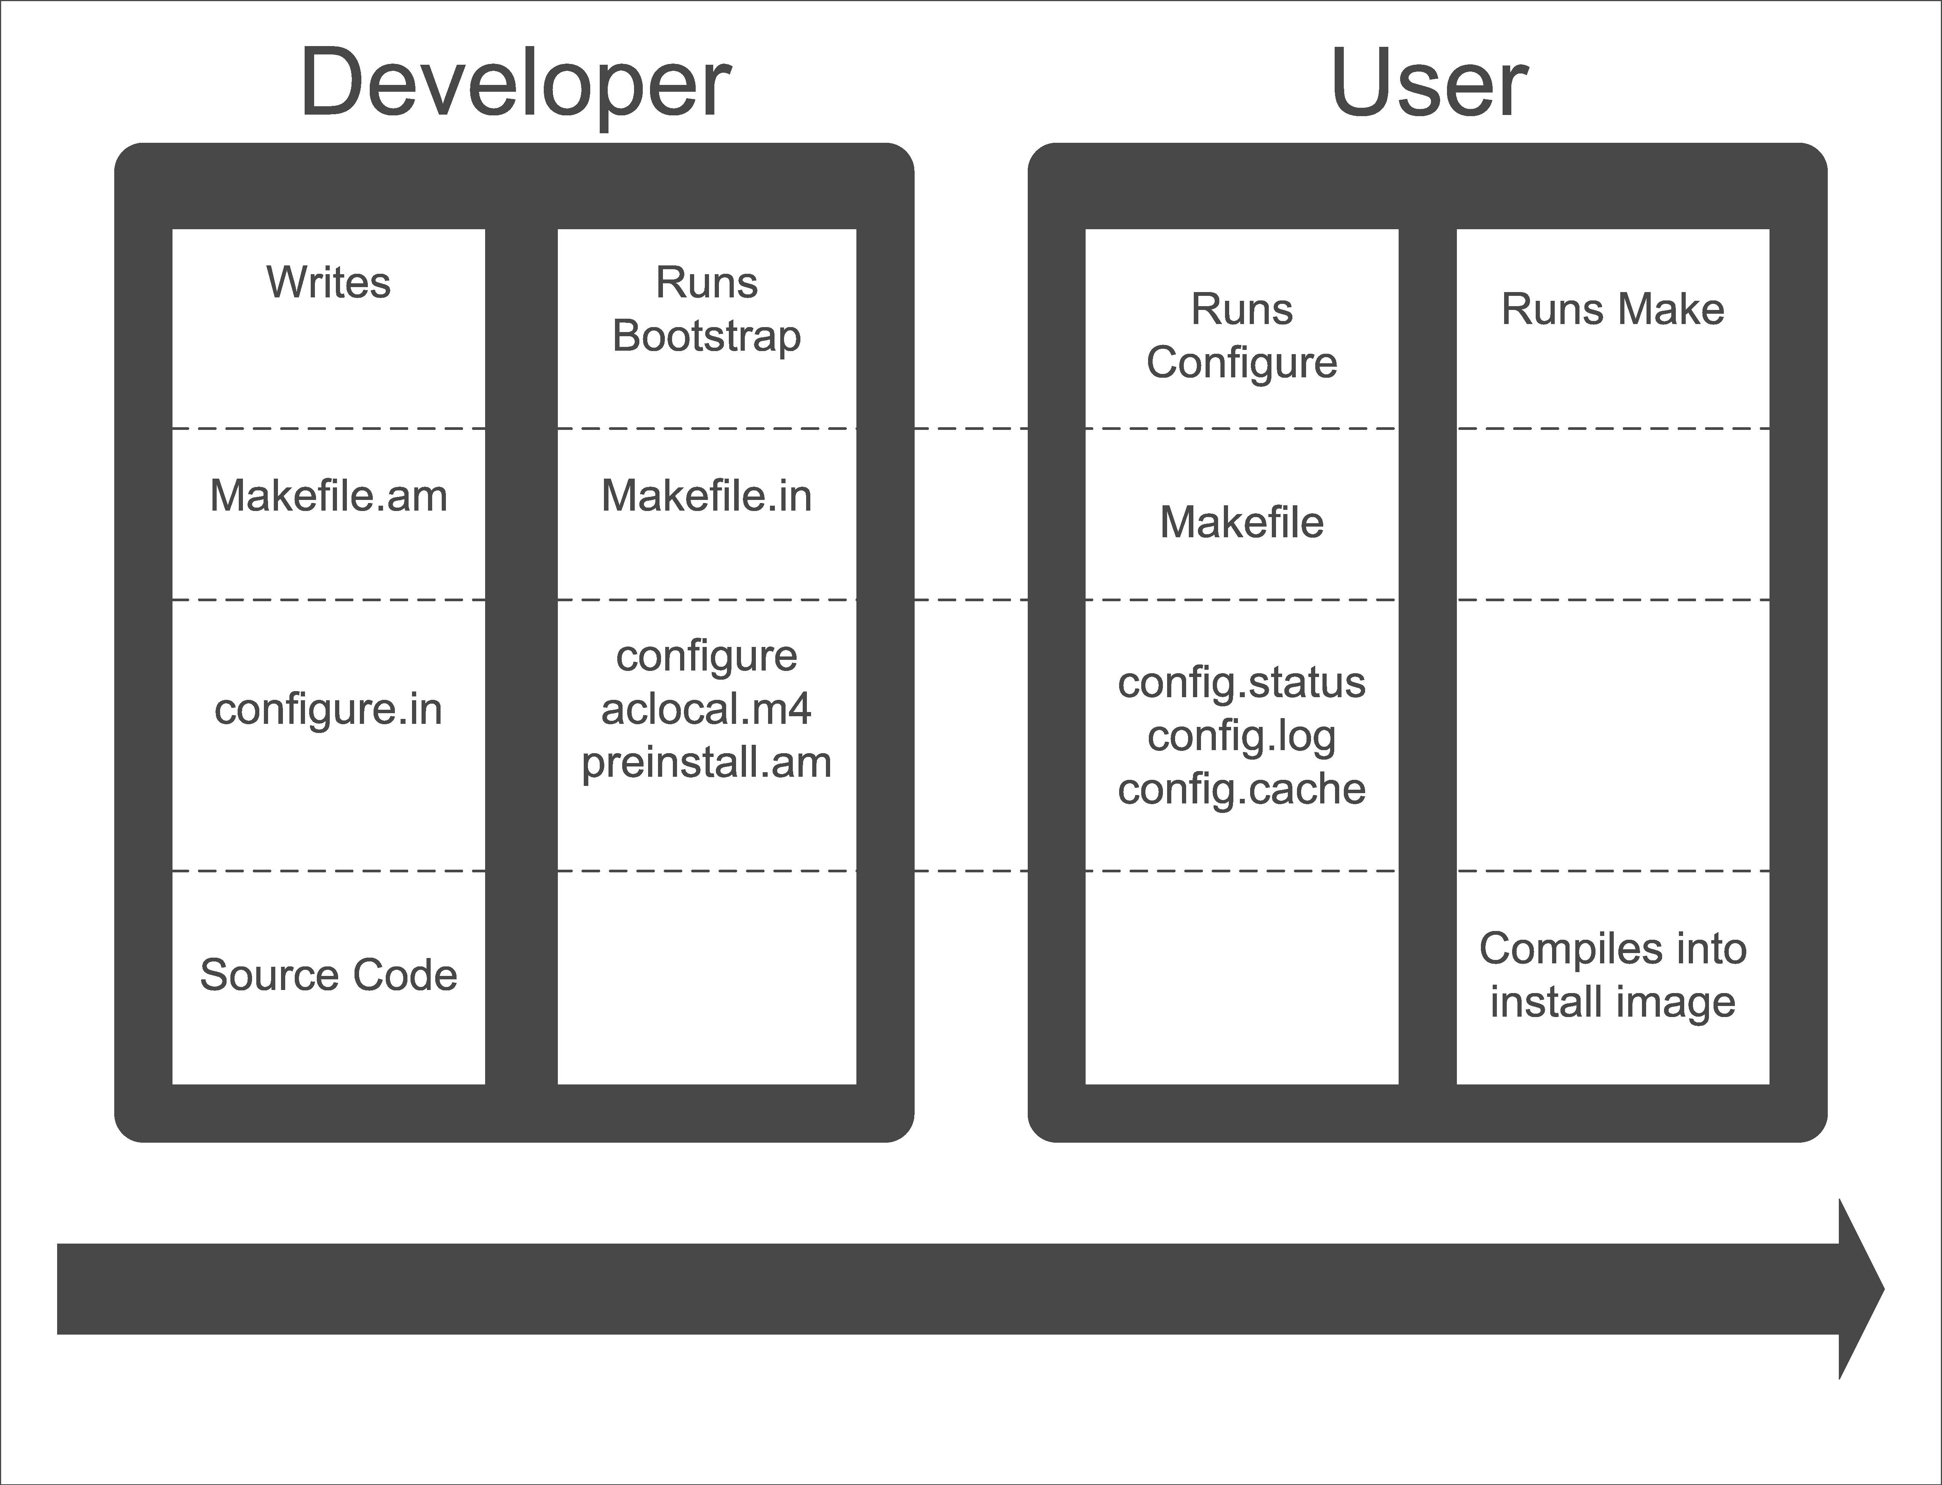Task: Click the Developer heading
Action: point(515,84)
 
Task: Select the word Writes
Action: point(329,283)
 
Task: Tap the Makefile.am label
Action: point(329,496)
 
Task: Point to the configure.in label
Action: point(329,709)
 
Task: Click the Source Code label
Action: point(329,975)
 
